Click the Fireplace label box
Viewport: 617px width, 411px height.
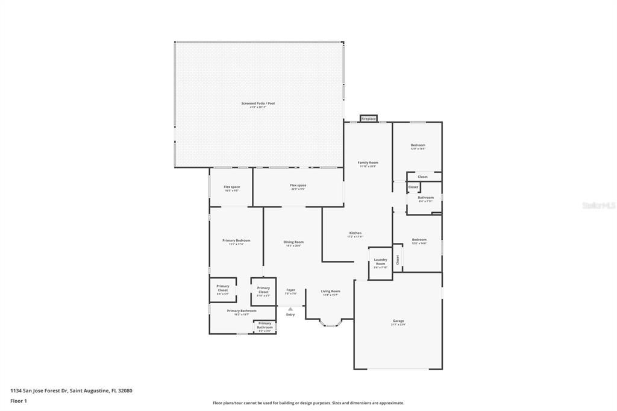click(369, 119)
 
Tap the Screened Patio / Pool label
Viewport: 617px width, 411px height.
click(258, 104)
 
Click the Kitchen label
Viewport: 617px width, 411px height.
click(355, 234)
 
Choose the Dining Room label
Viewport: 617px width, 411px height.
click(293, 243)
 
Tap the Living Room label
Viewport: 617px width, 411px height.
click(330, 292)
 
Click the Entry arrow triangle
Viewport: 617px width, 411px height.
click(290, 309)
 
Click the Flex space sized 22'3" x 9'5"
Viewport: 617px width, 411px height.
click(298, 186)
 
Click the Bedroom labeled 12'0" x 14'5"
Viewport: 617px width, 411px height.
click(418, 146)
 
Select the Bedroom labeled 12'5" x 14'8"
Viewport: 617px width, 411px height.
click(419, 240)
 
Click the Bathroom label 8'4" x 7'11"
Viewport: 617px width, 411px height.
click(425, 198)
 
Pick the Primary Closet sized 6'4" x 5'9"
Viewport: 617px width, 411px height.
click(222, 289)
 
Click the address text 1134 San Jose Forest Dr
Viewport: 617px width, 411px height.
click(71, 391)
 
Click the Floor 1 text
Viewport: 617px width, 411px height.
click(19, 401)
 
